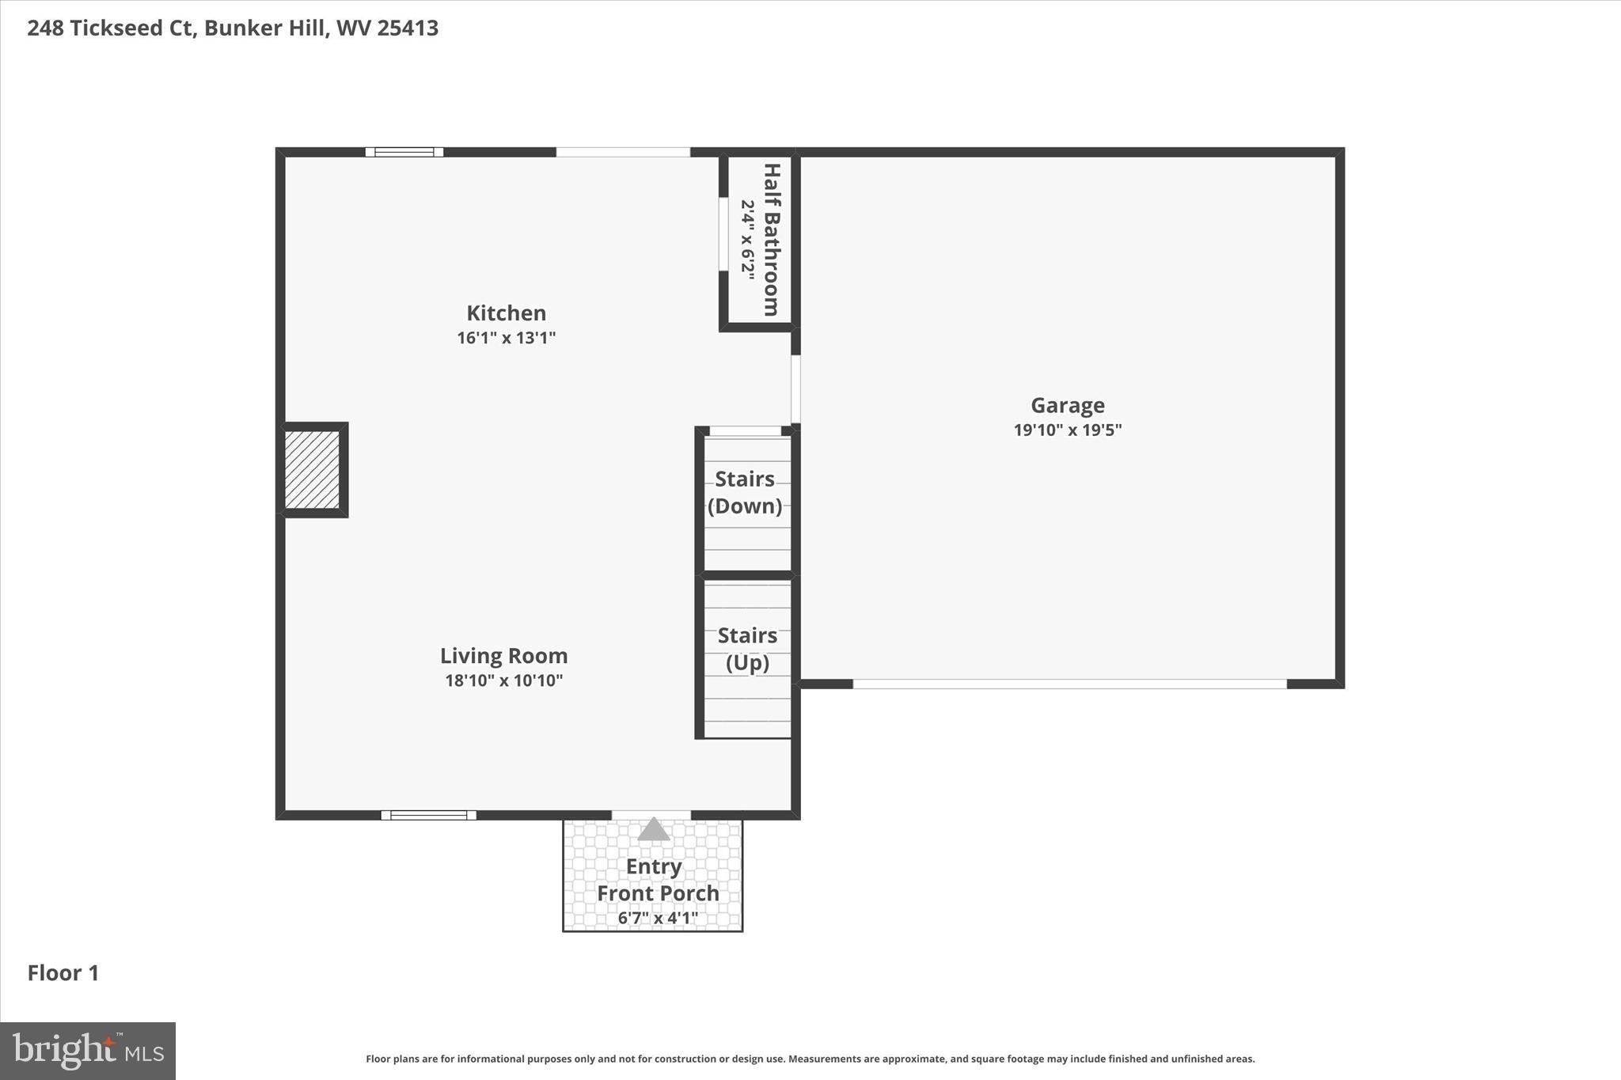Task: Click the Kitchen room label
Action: tap(506, 313)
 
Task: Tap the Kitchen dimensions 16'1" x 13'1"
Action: tap(506, 338)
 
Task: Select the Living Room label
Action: tap(503, 656)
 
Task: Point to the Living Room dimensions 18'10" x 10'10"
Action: tap(503, 680)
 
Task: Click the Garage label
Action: tap(1067, 405)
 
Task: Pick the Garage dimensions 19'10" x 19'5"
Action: tap(1067, 430)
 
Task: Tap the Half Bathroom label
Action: tap(771, 239)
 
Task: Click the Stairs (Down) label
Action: tap(745, 492)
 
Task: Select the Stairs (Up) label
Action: tap(747, 649)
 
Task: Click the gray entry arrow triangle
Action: tap(653, 830)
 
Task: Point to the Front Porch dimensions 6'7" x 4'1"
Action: tap(658, 918)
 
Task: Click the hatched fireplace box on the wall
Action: tap(313, 470)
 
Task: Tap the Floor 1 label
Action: tap(63, 973)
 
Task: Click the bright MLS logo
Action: tap(88, 1051)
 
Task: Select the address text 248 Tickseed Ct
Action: tap(111, 28)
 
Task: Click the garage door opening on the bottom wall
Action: tap(1069, 684)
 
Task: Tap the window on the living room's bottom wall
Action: tap(428, 815)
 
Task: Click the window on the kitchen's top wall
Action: tap(404, 152)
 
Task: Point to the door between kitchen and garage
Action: tap(795, 389)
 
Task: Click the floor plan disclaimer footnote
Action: tap(810, 1059)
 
